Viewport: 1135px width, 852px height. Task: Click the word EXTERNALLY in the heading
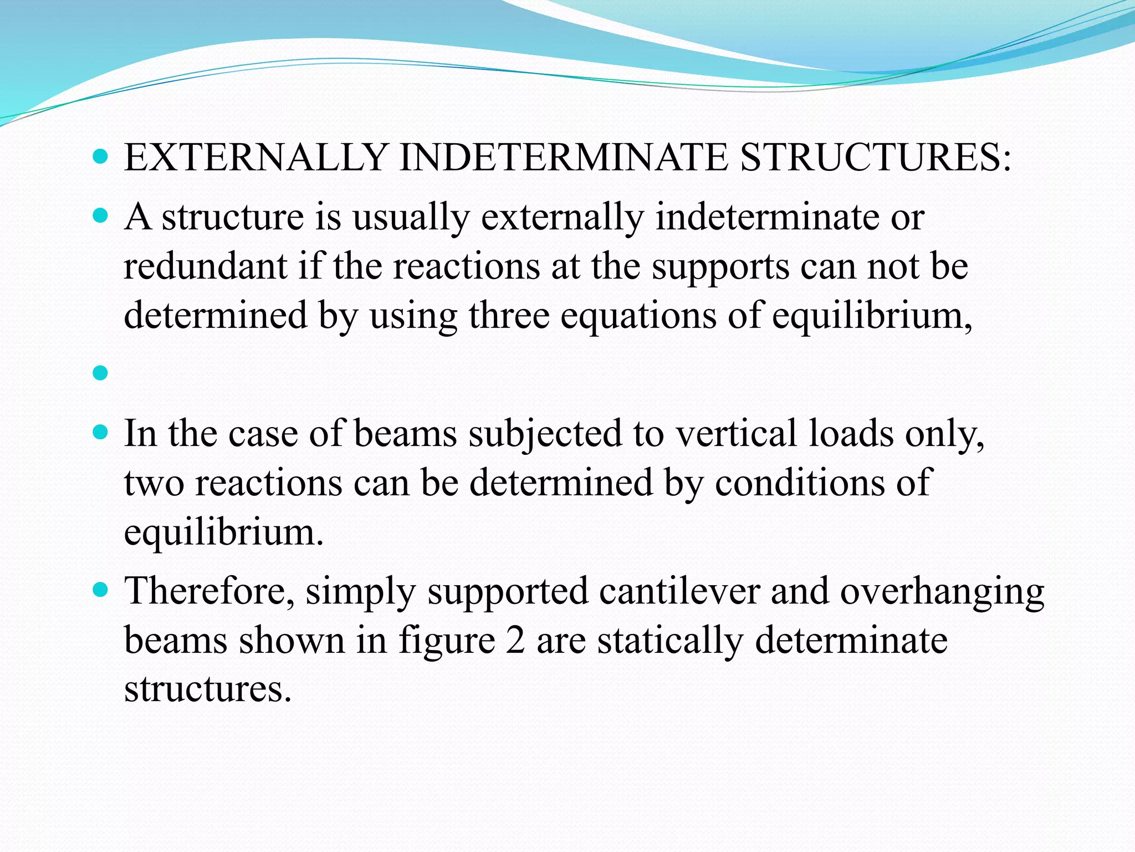[x=255, y=158]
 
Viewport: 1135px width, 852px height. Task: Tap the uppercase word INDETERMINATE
[x=563, y=158]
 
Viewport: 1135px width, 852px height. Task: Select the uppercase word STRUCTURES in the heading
[x=870, y=158]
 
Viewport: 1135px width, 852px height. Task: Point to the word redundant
[x=205, y=266]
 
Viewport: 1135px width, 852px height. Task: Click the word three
[x=509, y=316]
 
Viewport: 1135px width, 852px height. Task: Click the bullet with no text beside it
[x=100, y=374]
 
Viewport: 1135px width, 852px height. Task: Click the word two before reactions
[x=154, y=483]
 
